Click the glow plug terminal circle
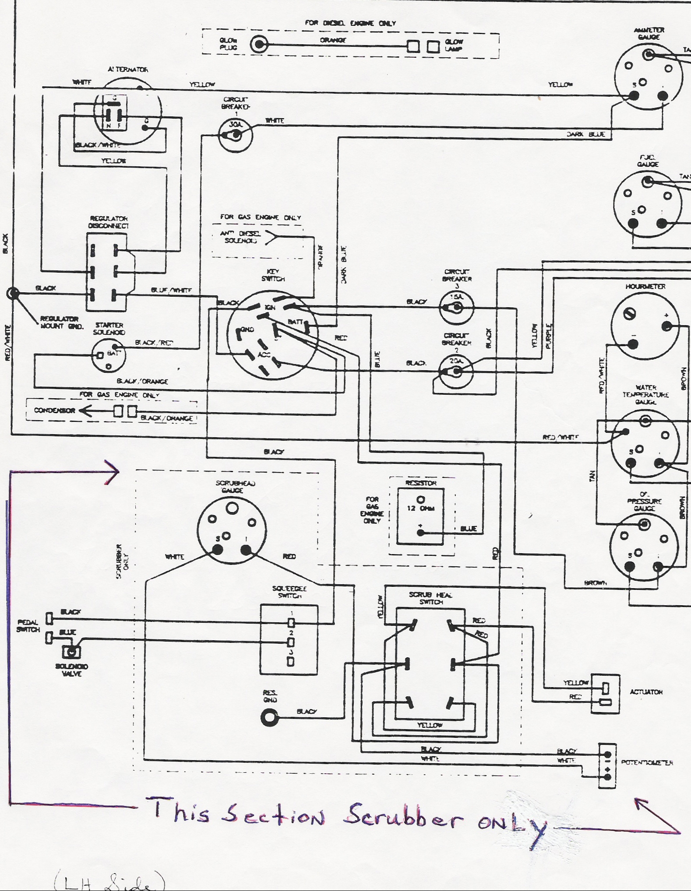[x=259, y=44]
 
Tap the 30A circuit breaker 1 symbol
[x=236, y=135]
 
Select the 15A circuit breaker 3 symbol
[x=456, y=308]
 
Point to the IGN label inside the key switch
[x=270, y=308]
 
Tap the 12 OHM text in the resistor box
[x=420, y=509]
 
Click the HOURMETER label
[x=645, y=287]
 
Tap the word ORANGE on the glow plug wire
[x=333, y=40]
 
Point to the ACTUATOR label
[x=646, y=692]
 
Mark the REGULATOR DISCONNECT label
[x=108, y=222]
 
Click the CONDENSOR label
[x=55, y=410]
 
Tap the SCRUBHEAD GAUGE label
[x=235, y=487]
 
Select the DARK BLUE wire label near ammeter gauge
[x=586, y=134]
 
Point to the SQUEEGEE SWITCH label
[x=289, y=592]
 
